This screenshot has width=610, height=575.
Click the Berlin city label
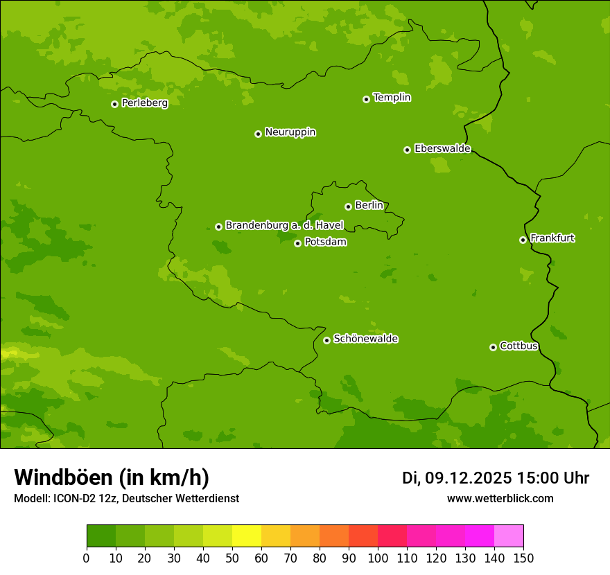coord(369,205)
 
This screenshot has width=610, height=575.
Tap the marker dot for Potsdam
coord(297,243)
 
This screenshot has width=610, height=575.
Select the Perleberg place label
coord(144,103)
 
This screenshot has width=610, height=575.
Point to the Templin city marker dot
coord(366,99)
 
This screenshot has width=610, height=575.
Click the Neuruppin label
coord(290,132)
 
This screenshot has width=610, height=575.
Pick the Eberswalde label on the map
coord(442,148)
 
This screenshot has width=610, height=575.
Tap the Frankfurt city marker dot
coord(523,240)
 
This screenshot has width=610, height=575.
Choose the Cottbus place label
coord(518,346)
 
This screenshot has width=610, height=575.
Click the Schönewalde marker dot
coord(326,340)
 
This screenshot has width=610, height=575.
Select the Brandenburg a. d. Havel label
coord(284,225)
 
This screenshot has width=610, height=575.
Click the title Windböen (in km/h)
coord(111,477)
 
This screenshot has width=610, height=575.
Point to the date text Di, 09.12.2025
coord(457,478)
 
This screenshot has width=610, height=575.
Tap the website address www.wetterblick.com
coord(500,498)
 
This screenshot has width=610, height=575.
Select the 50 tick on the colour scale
coord(232,557)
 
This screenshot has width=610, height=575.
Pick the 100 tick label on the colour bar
coord(378,557)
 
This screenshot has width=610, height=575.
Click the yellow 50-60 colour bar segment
coord(247,536)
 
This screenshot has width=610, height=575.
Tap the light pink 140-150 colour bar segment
coord(509,536)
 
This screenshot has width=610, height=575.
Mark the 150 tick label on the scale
coord(523,557)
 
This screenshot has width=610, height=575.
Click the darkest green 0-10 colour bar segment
coord(101,536)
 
